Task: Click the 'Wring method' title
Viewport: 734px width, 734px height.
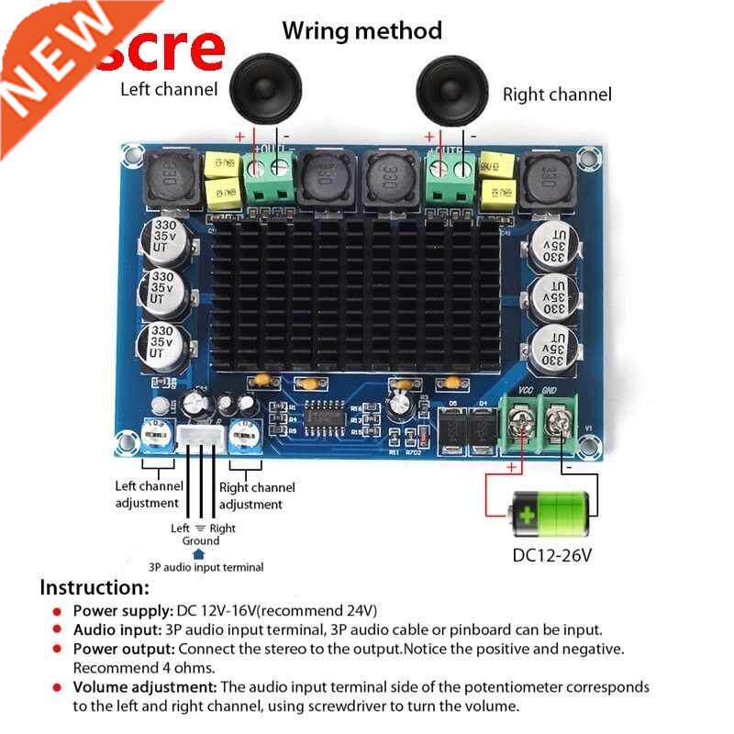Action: tap(361, 30)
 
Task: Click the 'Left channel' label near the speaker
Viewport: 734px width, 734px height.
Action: tap(169, 89)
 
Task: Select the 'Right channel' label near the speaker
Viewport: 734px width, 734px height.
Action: tap(556, 94)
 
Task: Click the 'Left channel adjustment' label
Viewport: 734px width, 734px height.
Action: tap(147, 495)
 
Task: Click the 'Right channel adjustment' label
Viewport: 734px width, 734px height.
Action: tap(257, 495)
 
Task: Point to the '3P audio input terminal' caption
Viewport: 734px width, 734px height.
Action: tap(206, 567)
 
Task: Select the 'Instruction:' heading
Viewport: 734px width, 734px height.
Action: tap(94, 588)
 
